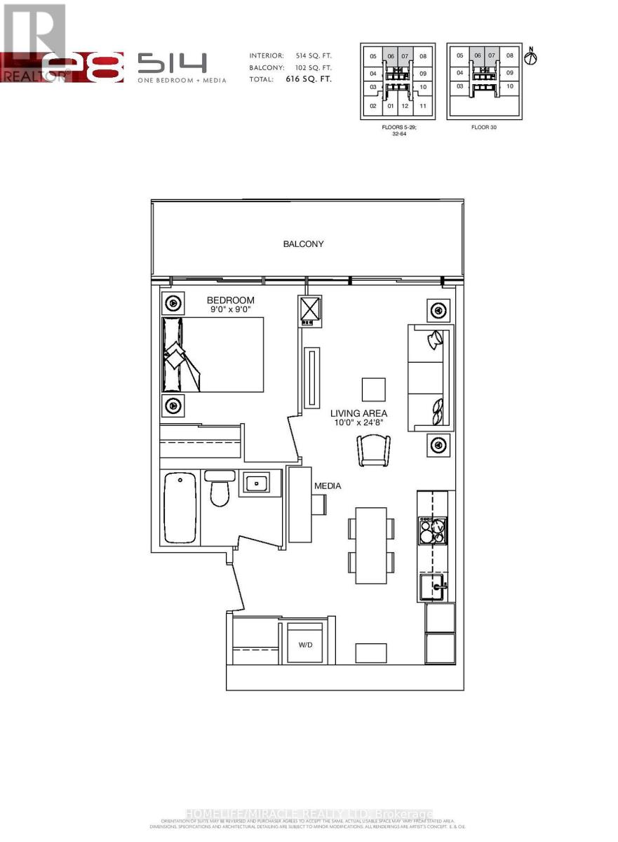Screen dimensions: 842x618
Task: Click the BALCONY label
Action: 303,244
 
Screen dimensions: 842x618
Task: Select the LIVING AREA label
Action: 359,413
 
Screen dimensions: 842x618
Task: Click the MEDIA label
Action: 328,486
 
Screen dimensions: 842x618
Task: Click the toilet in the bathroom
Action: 220,488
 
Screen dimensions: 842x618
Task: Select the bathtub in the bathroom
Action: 180,507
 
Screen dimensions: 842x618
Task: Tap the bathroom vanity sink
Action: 257,483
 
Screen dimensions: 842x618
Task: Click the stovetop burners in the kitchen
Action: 432,530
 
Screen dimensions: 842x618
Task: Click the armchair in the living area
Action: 374,450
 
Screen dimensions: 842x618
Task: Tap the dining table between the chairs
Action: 371,545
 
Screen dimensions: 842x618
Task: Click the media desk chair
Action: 320,504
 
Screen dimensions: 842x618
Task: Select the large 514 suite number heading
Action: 172,64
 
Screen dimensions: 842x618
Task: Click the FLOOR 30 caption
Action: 485,128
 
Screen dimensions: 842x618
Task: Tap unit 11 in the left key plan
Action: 423,107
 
